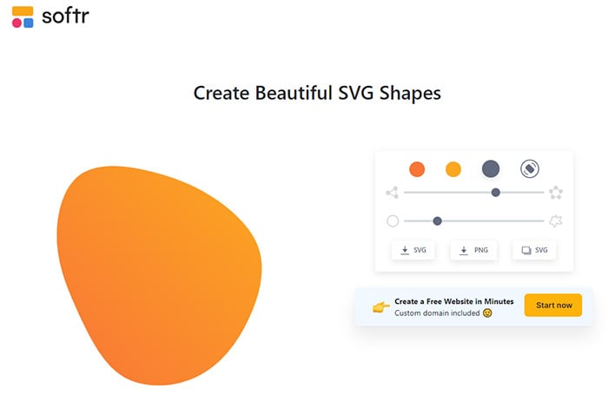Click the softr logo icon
23,16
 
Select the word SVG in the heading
363,93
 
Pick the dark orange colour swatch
417,169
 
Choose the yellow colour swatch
453,169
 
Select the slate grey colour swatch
491,169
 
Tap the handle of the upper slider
495,193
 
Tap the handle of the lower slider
437,221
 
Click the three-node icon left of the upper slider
393,193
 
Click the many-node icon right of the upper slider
556,193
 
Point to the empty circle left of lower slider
393,221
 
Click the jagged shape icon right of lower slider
556,221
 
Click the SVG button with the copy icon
534,250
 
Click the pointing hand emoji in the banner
380,306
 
